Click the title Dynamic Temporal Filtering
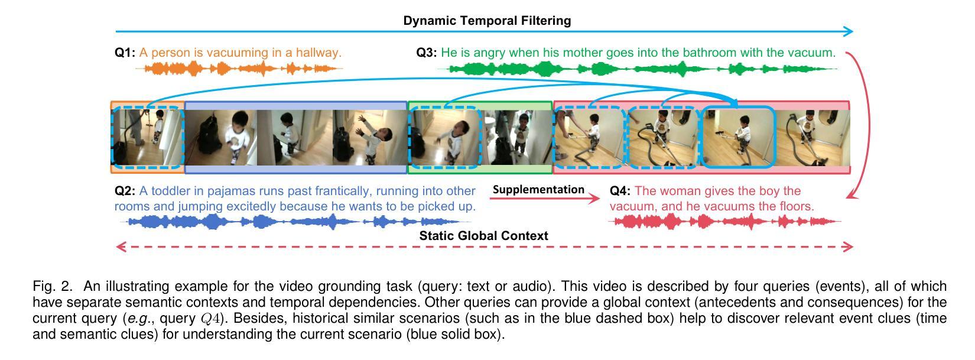click(x=487, y=21)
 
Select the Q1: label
click(x=125, y=53)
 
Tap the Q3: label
click(x=427, y=53)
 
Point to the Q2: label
click(x=125, y=191)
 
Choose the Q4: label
click(x=620, y=191)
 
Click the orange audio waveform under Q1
click(x=239, y=69)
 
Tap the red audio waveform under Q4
click(x=725, y=222)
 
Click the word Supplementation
click(x=538, y=190)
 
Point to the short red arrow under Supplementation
click(x=544, y=199)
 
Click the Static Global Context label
click(x=483, y=235)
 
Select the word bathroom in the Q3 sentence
click(x=709, y=53)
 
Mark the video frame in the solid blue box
click(x=738, y=137)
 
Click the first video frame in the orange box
click(x=147, y=138)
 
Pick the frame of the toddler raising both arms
click(x=369, y=138)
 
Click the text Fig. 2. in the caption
click(x=53, y=287)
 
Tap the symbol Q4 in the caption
click(x=211, y=319)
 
